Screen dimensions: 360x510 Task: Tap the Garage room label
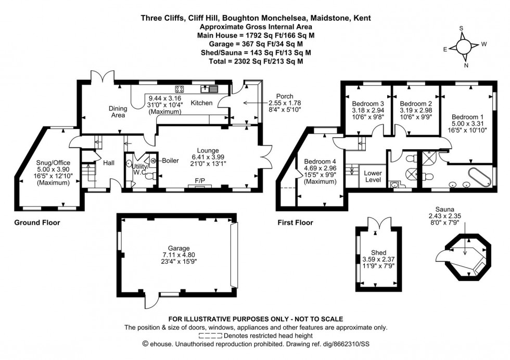(x=175, y=249)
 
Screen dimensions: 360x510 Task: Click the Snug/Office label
(x=49, y=163)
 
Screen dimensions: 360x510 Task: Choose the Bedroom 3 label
(x=364, y=102)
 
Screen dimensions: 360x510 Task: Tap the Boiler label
(x=170, y=160)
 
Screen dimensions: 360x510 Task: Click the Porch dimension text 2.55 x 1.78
(x=284, y=103)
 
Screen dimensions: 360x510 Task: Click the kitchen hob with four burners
(x=180, y=88)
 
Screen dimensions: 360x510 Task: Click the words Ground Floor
(x=36, y=223)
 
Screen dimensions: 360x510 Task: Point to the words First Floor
(x=295, y=223)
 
